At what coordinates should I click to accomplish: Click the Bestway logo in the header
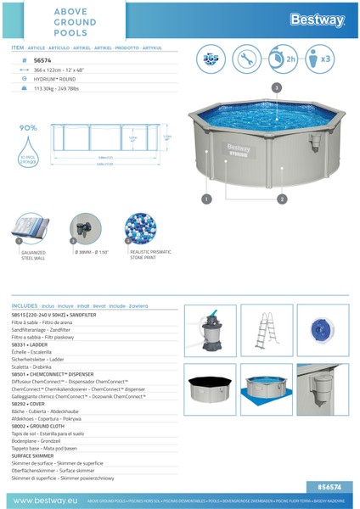click(318, 18)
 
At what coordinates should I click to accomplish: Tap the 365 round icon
click(211, 60)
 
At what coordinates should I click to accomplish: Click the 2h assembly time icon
click(284, 60)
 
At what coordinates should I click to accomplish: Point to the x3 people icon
click(320, 60)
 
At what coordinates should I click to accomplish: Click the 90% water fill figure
click(27, 128)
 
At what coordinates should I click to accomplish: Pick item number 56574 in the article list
click(42, 61)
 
